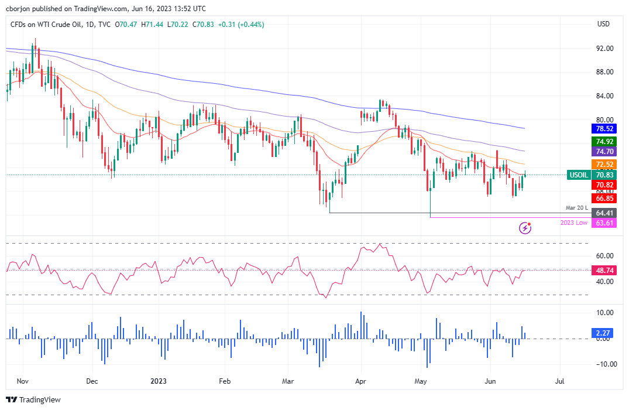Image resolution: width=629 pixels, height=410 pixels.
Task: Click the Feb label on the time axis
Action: pyautogui.click(x=225, y=381)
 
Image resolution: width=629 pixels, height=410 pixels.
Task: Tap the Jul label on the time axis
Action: pyautogui.click(x=559, y=381)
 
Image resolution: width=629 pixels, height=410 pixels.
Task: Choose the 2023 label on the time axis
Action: pyautogui.click(x=159, y=381)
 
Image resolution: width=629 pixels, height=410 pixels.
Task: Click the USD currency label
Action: pyautogui.click(x=603, y=24)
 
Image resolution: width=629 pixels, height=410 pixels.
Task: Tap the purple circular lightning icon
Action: pyautogui.click(x=525, y=227)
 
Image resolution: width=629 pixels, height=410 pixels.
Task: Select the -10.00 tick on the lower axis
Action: pyautogui.click(x=602, y=364)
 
